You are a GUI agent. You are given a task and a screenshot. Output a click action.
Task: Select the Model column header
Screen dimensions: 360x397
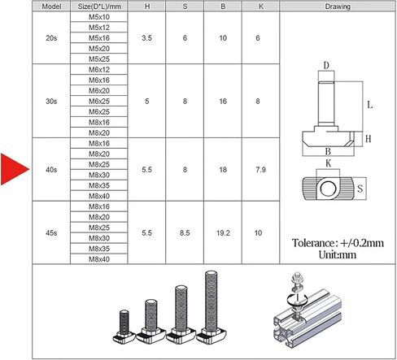(51, 7)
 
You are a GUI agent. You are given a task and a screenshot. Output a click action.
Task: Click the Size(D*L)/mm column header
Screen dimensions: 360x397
(99, 7)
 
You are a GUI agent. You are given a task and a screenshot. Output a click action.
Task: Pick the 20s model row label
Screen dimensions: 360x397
(51, 37)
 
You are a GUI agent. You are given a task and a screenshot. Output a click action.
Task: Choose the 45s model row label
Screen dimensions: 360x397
(51, 232)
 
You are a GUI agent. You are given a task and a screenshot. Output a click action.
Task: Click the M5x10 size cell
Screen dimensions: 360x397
(99, 17)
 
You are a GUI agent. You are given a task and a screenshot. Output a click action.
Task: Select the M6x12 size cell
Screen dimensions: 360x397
(99, 70)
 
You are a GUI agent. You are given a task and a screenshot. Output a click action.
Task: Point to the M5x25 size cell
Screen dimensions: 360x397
(99, 59)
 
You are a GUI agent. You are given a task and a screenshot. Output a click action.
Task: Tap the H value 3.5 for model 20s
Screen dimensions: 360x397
(146, 37)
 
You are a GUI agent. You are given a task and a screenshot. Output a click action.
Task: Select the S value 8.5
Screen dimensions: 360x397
(185, 232)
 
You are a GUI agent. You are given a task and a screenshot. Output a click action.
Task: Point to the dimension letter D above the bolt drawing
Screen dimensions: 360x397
(325, 66)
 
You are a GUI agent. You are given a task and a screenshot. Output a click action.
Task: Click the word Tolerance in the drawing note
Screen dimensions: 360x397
(316, 242)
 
